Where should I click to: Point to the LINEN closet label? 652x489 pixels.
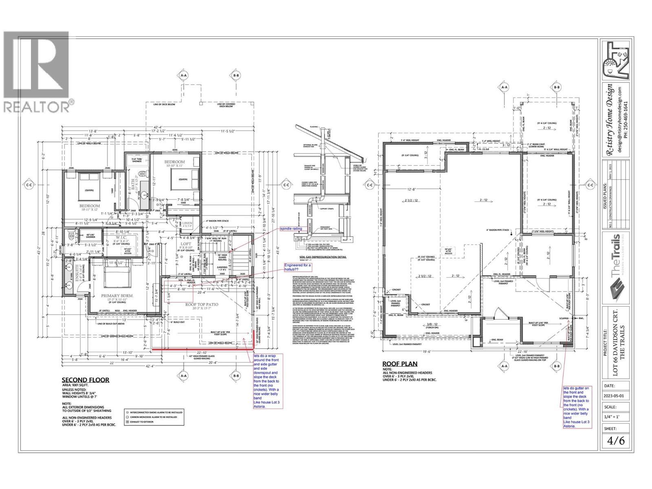coord(187,223)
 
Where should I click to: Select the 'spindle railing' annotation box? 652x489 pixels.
coord(291,229)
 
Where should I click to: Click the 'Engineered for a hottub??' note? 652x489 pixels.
coord(298,267)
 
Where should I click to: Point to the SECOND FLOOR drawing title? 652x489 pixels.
coord(85,380)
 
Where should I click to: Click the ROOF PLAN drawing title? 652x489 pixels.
coord(399,364)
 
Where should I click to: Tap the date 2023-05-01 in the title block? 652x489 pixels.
coord(616,394)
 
